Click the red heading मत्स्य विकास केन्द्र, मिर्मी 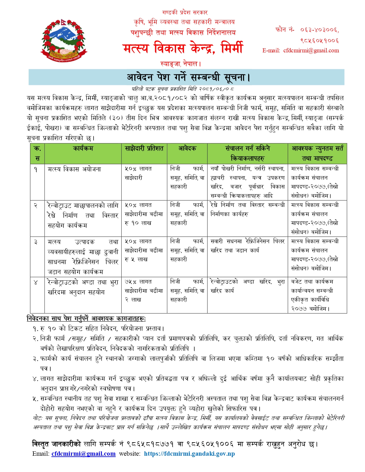(183, 48)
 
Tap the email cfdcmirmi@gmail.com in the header (311, 51)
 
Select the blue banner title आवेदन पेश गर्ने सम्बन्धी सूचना (188, 77)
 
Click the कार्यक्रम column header (83, 148)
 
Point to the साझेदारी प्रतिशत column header (144, 148)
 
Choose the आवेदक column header (187, 148)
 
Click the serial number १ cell (36, 169)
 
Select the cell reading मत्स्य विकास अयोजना (74, 169)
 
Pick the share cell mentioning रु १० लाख (144, 214)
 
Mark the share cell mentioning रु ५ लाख (144, 250)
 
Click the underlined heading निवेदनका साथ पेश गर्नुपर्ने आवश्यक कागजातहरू (86, 318)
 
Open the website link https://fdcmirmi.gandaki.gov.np (189, 454)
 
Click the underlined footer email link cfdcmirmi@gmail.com (83, 454)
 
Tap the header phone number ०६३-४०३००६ (319, 30)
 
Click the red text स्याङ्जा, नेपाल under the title (181, 64)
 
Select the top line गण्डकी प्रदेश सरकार (185, 13)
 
